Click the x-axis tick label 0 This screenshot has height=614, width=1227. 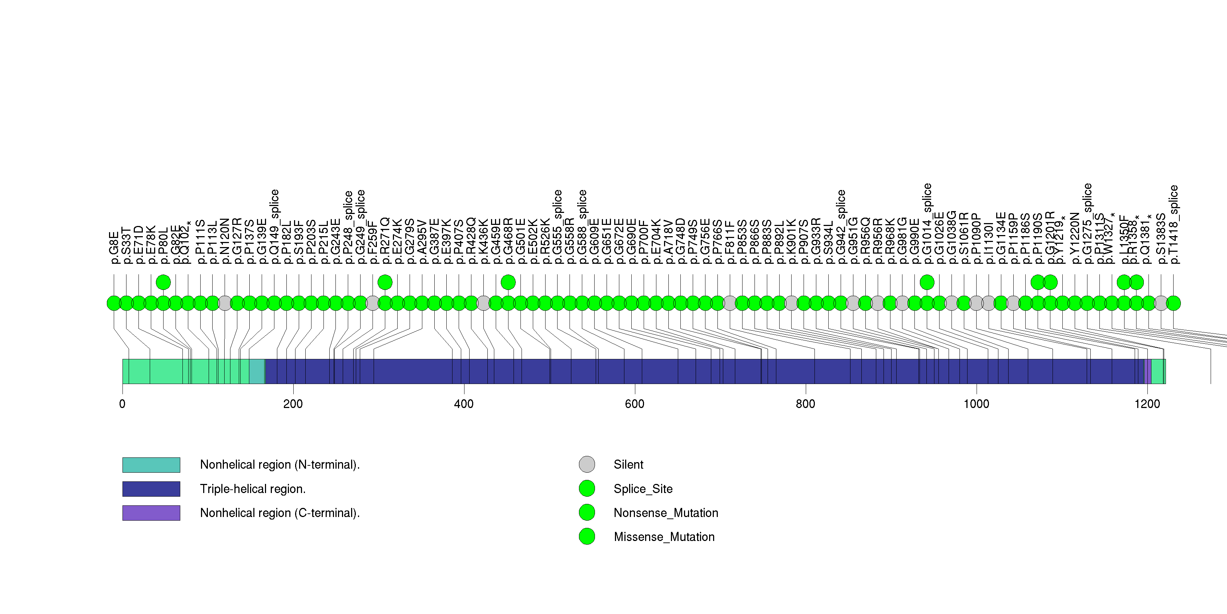coord(122,404)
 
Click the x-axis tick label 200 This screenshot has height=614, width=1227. coord(293,404)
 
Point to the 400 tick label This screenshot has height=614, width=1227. coord(463,404)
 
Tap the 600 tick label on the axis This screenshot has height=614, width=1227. coord(635,404)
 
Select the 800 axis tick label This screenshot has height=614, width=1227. coord(805,404)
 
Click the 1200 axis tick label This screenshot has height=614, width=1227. coord(1147,404)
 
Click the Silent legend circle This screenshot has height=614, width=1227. coord(587,464)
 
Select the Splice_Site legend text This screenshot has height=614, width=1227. coord(643,489)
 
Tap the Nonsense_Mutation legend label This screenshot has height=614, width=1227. coord(665,513)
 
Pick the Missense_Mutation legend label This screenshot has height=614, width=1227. coord(664,537)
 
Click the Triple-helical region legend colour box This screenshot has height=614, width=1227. coord(151,489)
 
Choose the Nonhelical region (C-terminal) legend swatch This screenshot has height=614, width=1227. coord(151,513)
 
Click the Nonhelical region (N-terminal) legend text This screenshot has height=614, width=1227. coord(279,465)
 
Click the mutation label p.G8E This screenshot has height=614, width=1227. coord(114,247)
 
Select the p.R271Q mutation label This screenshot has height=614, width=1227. coord(385,241)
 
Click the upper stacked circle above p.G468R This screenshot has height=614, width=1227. coord(508,282)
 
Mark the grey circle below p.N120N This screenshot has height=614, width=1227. coord(225,303)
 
